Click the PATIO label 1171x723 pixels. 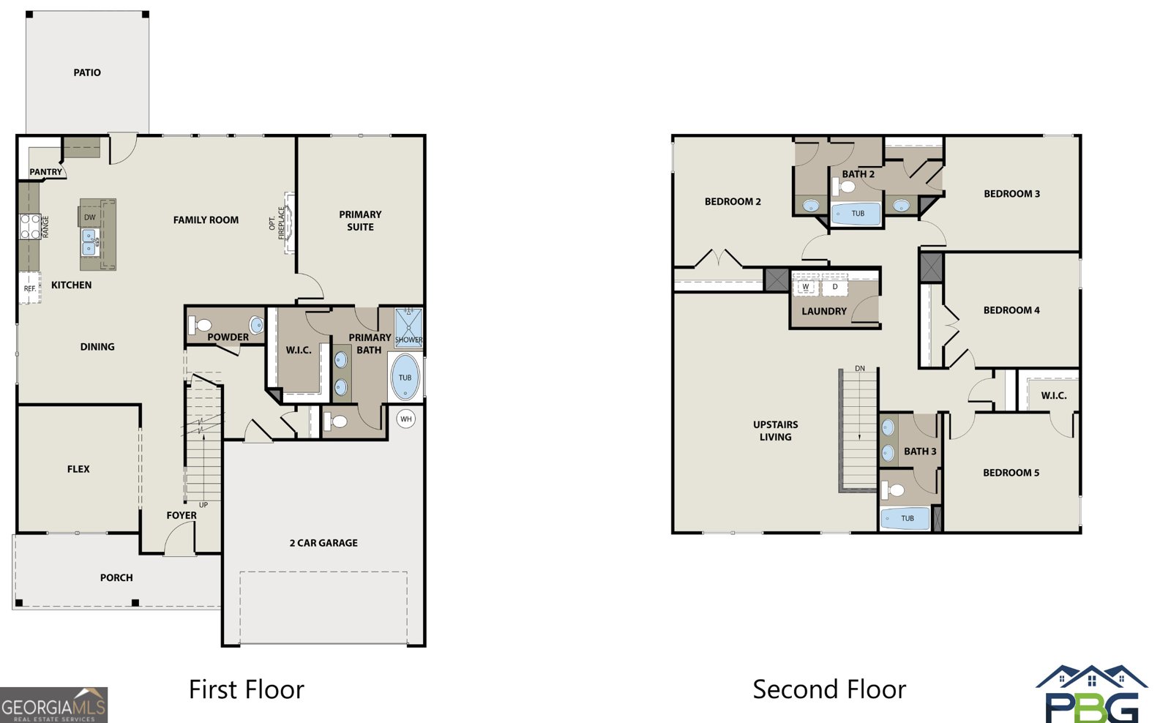pos(87,72)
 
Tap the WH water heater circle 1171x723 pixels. pos(405,419)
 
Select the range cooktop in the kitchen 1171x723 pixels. pos(30,227)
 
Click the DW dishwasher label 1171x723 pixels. pos(90,217)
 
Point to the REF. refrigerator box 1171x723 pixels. pos(30,288)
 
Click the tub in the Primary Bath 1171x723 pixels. pos(405,377)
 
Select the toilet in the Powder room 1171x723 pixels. pos(200,325)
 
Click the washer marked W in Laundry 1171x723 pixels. pos(806,286)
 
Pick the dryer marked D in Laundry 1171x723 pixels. pos(835,286)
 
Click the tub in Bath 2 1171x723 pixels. pos(856,214)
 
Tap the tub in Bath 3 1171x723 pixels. pos(905,519)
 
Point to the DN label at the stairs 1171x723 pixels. pos(860,369)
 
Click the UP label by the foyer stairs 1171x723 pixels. pos(203,505)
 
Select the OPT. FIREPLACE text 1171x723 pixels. pos(277,223)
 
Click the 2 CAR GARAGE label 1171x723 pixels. pos(323,543)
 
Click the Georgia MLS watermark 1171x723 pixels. pos(54,705)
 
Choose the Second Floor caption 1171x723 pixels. pos(829,689)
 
